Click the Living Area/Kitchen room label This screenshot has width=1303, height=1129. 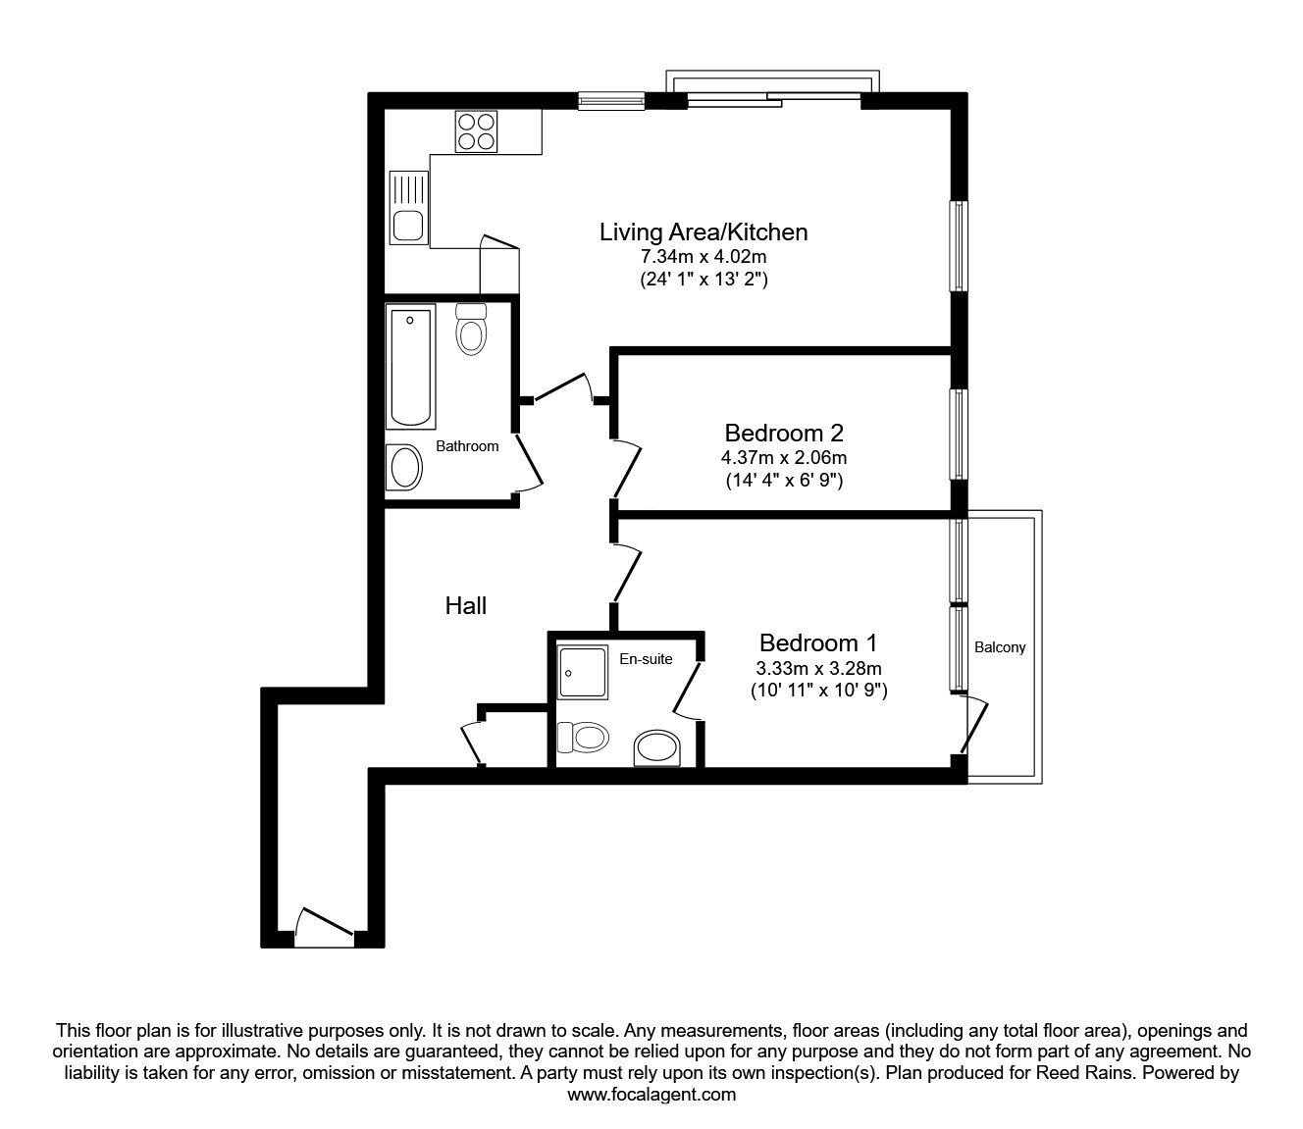(703, 232)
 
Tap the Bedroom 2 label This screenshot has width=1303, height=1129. (784, 433)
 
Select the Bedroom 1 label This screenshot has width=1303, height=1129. (817, 643)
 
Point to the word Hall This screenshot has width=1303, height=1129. (466, 606)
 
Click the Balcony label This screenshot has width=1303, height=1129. (1000, 647)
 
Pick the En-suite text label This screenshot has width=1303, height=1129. (646, 659)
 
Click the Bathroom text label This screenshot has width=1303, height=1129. (467, 446)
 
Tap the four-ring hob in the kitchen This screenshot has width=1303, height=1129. (476, 131)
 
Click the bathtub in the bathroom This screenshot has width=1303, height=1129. (410, 366)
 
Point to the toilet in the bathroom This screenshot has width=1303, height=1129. (472, 329)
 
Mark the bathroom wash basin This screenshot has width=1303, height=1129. (404, 468)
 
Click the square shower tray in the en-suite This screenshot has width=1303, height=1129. (582, 672)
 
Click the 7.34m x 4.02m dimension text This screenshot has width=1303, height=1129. (703, 257)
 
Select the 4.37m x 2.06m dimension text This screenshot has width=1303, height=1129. (784, 458)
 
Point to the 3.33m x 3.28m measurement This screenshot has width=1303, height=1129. (817, 668)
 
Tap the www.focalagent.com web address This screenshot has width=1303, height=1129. (651, 1095)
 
